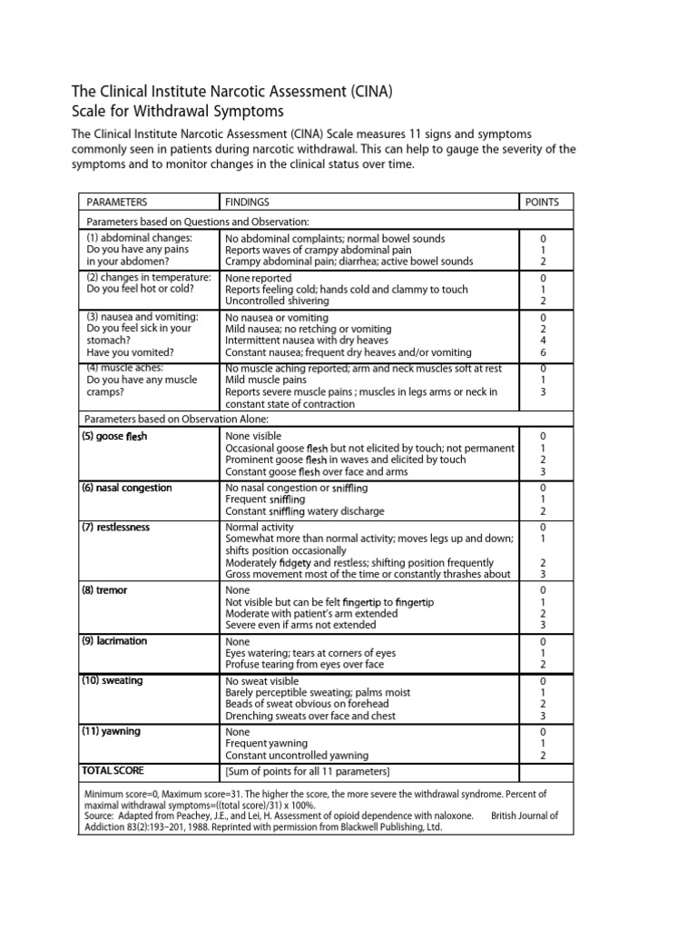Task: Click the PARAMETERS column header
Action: coord(117,202)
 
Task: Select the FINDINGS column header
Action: coord(247,202)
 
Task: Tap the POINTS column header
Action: coord(543,202)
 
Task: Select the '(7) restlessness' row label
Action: coord(118,527)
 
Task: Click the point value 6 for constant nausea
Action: coord(543,352)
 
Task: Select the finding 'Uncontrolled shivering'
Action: coord(282,301)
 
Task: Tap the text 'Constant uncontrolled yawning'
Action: coord(297,755)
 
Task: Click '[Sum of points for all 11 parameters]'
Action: coord(307,772)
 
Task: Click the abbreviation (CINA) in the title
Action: coord(365,92)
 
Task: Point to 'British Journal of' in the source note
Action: coord(525,816)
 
